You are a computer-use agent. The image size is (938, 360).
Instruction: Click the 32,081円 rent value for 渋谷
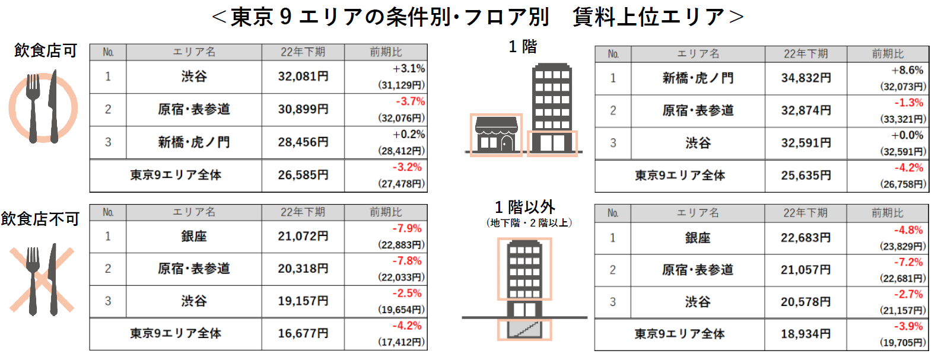(303, 77)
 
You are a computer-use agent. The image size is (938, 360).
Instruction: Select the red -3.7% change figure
(410, 101)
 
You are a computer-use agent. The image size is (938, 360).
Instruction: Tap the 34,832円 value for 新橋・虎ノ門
(806, 78)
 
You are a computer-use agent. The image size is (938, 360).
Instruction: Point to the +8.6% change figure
(907, 70)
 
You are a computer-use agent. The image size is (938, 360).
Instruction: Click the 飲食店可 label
(46, 51)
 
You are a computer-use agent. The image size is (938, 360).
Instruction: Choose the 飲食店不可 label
(40, 219)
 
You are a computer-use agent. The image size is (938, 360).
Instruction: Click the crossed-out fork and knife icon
(42, 279)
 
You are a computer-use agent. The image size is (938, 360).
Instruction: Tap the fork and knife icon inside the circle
(43, 108)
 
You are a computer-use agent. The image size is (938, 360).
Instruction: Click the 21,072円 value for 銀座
(303, 236)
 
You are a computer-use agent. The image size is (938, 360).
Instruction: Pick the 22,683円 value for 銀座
(806, 238)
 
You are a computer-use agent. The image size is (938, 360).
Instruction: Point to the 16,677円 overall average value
(303, 333)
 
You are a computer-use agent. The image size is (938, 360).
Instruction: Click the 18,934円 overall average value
(806, 334)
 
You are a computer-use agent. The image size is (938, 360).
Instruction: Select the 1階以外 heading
(525, 207)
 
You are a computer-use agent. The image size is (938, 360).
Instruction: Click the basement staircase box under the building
(524, 329)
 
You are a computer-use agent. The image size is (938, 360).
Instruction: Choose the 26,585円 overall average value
(303, 175)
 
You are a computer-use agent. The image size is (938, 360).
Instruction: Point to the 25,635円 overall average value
(806, 176)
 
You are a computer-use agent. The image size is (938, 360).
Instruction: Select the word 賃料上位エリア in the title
(648, 17)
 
